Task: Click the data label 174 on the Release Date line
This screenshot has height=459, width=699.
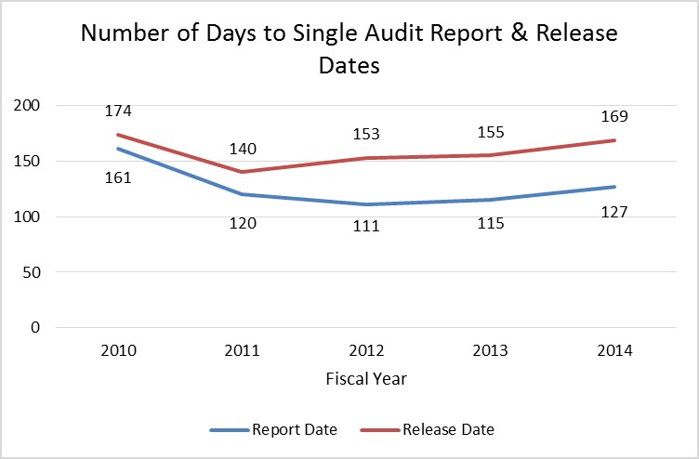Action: point(119,111)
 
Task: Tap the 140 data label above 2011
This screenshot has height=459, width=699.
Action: point(244,149)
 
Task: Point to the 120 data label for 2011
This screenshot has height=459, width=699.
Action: point(244,223)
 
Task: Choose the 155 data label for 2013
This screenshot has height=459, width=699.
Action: point(491,133)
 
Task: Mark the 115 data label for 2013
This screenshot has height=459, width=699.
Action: point(491,224)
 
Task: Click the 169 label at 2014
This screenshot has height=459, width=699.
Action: point(615,117)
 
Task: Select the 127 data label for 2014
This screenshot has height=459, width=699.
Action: point(615,212)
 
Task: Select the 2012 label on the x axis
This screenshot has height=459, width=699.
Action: point(367,351)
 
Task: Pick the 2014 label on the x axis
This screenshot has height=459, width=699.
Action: point(615,351)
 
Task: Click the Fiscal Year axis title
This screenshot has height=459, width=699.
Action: point(366,379)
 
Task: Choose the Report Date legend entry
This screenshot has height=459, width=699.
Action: point(273,430)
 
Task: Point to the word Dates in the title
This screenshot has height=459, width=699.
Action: point(349,67)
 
